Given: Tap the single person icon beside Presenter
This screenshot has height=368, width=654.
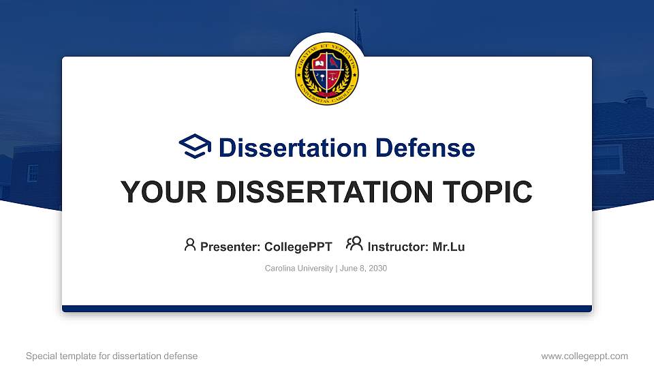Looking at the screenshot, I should (x=190, y=245).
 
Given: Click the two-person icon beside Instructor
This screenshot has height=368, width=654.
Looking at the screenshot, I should (x=354, y=245).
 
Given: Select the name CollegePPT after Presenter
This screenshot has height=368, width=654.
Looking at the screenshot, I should (x=298, y=247).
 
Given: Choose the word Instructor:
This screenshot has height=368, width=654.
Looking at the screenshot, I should (x=398, y=247).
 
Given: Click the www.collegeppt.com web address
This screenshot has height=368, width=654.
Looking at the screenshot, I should (x=585, y=356).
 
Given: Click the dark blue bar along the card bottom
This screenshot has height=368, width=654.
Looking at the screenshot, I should (x=327, y=309).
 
